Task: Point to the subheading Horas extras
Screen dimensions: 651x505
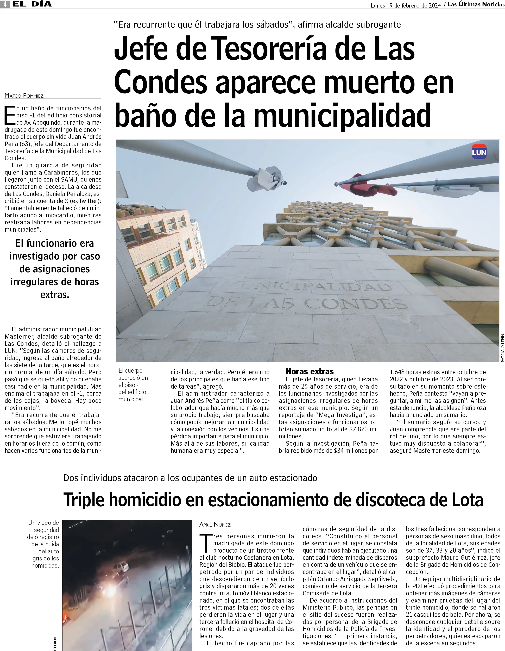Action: (310, 371)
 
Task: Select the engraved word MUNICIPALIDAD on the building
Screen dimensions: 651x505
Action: (304, 287)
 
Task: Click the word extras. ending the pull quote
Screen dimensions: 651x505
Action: (55, 295)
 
